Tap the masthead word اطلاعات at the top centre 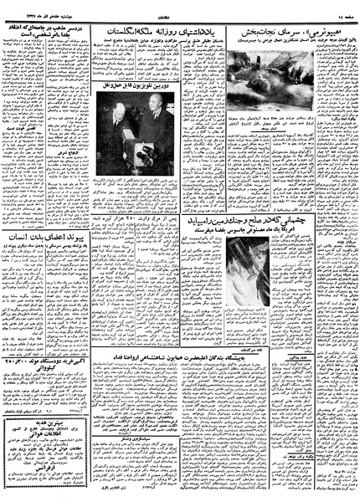(x=180, y=8)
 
